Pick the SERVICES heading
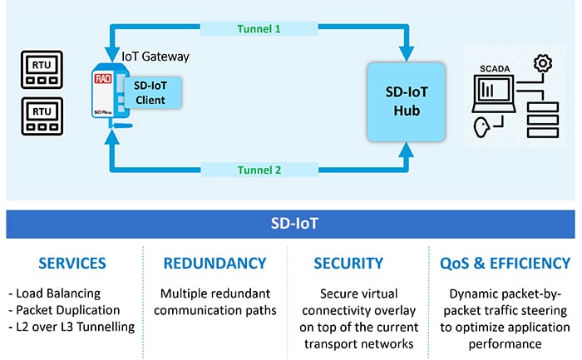point(72,264)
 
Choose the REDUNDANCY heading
point(215,264)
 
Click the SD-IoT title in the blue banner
point(291,223)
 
